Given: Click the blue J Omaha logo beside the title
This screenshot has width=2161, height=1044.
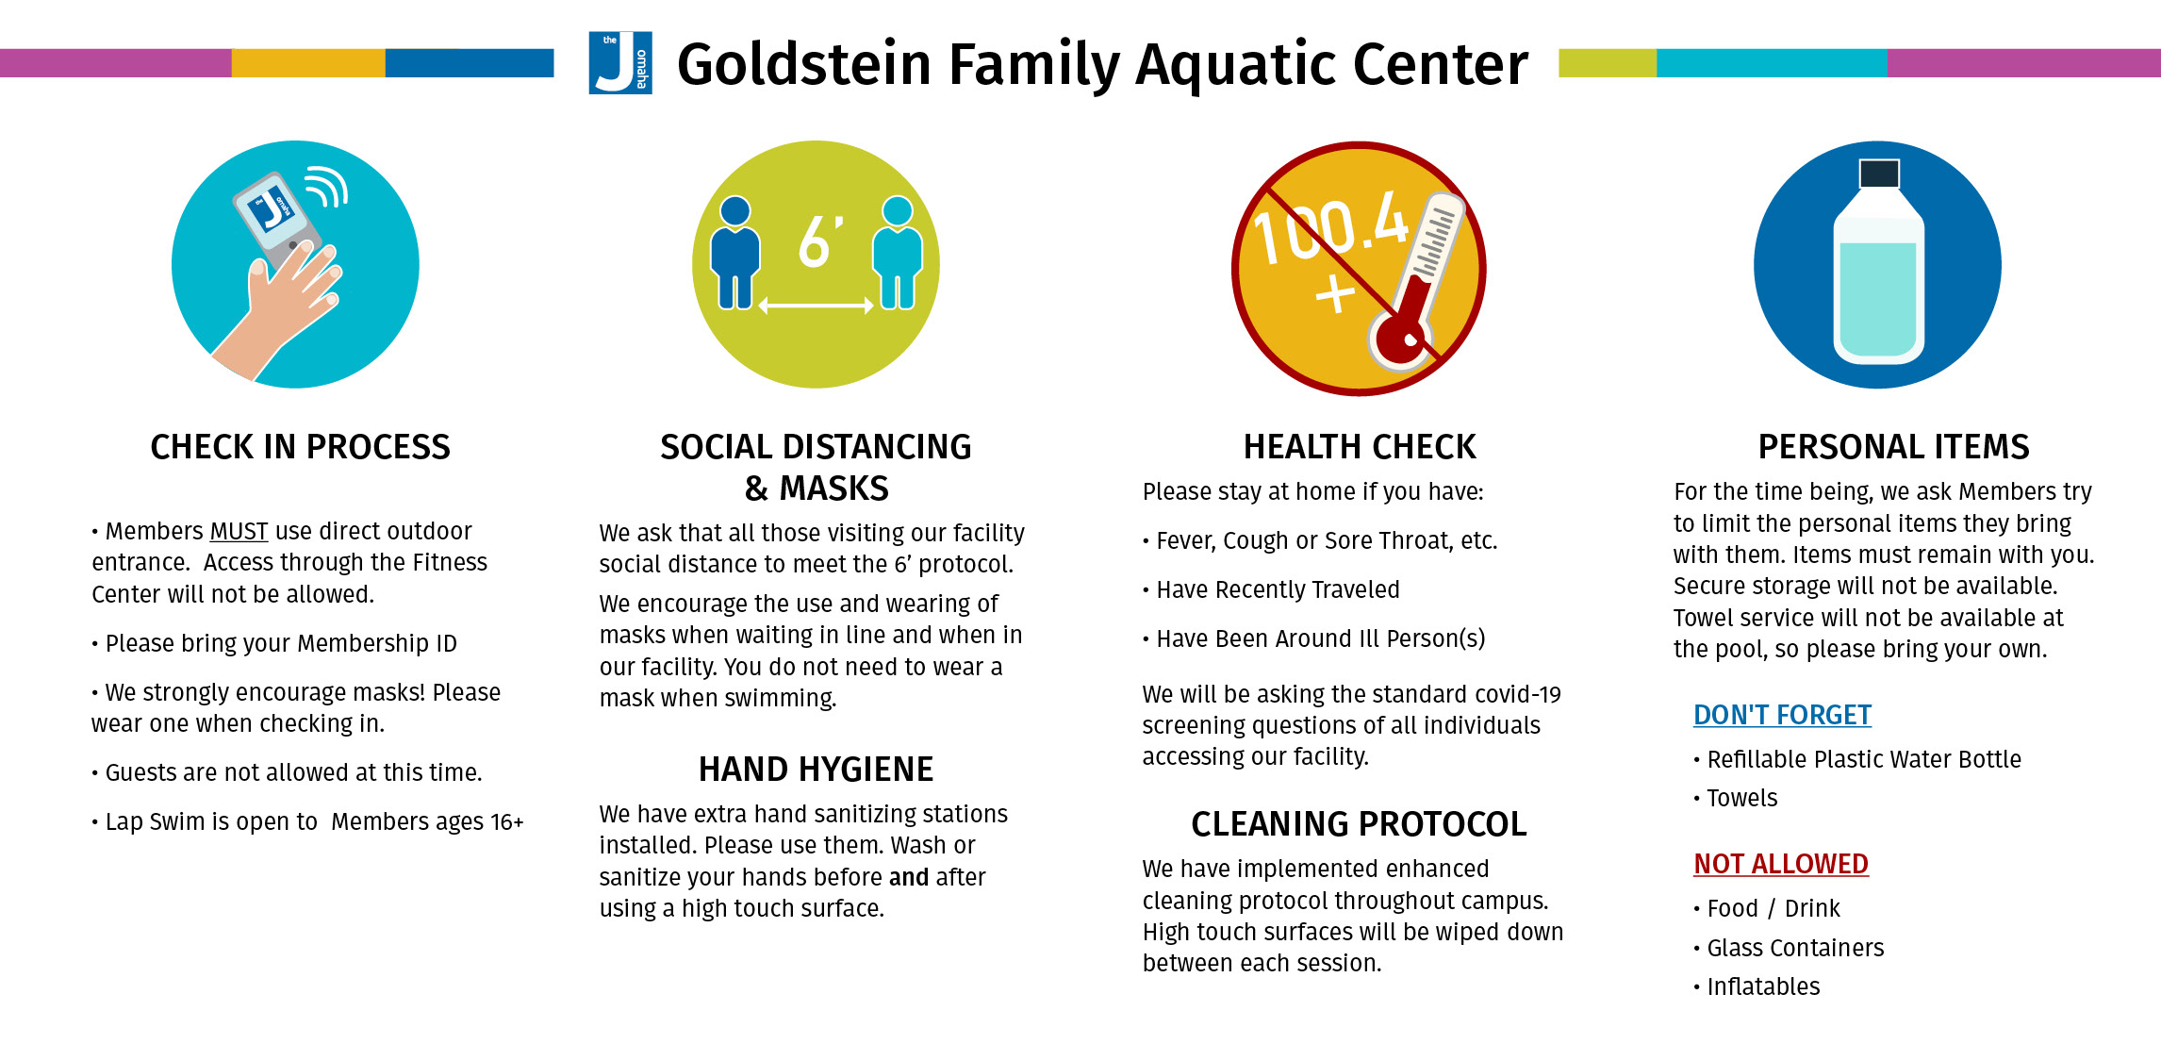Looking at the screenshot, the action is pyautogui.click(x=620, y=63).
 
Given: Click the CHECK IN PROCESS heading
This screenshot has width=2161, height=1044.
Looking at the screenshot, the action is pyautogui.click(x=300, y=447).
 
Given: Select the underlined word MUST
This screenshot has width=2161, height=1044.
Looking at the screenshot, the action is pyautogui.click(x=239, y=531).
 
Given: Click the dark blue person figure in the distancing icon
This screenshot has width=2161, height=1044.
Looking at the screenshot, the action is pyautogui.click(x=735, y=253).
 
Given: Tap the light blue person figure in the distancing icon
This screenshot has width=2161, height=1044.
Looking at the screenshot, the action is pyautogui.click(x=898, y=253).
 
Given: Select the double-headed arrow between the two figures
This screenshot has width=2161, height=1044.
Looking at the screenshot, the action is pyautogui.click(x=817, y=306).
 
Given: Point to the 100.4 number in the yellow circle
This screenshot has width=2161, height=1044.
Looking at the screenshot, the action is pyautogui.click(x=1329, y=226).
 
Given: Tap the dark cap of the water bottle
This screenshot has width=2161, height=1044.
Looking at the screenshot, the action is pyautogui.click(x=1879, y=174).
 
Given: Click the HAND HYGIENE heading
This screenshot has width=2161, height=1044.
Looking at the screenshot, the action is pyautogui.click(x=816, y=770).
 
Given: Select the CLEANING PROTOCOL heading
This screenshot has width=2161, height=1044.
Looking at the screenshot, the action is pyautogui.click(x=1359, y=824).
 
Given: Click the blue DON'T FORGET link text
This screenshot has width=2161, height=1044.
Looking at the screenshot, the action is pyautogui.click(x=1782, y=715).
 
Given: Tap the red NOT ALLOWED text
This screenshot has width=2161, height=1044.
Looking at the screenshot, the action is pyautogui.click(x=1781, y=864).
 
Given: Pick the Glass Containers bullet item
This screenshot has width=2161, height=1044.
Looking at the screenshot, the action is pyautogui.click(x=1789, y=948).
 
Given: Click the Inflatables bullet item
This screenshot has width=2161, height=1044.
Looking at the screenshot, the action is pyautogui.click(x=1757, y=986).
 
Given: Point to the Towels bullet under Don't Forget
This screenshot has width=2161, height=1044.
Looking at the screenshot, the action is pyautogui.click(x=1735, y=798).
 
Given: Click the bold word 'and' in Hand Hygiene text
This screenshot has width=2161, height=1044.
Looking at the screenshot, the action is pyautogui.click(x=909, y=877).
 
